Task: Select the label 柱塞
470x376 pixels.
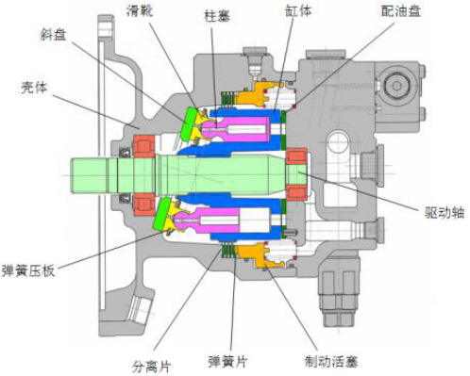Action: click(217, 16)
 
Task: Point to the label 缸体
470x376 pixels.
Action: click(298, 10)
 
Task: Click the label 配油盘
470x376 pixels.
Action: click(401, 11)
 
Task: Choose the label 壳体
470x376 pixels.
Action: click(34, 87)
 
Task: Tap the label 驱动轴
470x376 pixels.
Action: click(445, 213)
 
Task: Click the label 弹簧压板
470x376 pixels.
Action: click(28, 270)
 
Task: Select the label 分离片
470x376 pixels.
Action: click(151, 366)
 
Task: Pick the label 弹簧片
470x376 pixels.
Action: click(228, 361)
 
